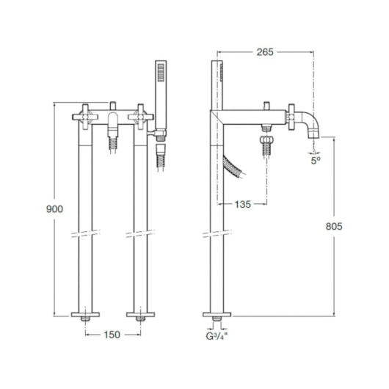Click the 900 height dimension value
click(x=54, y=209)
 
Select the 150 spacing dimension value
click(x=112, y=335)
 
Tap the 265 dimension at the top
click(x=265, y=52)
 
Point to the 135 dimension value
click(x=243, y=204)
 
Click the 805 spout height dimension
click(x=334, y=226)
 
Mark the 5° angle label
click(x=316, y=161)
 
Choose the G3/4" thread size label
click(x=217, y=336)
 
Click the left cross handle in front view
click(x=85, y=117)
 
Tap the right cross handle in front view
click(x=141, y=117)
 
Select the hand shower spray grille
click(x=161, y=72)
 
